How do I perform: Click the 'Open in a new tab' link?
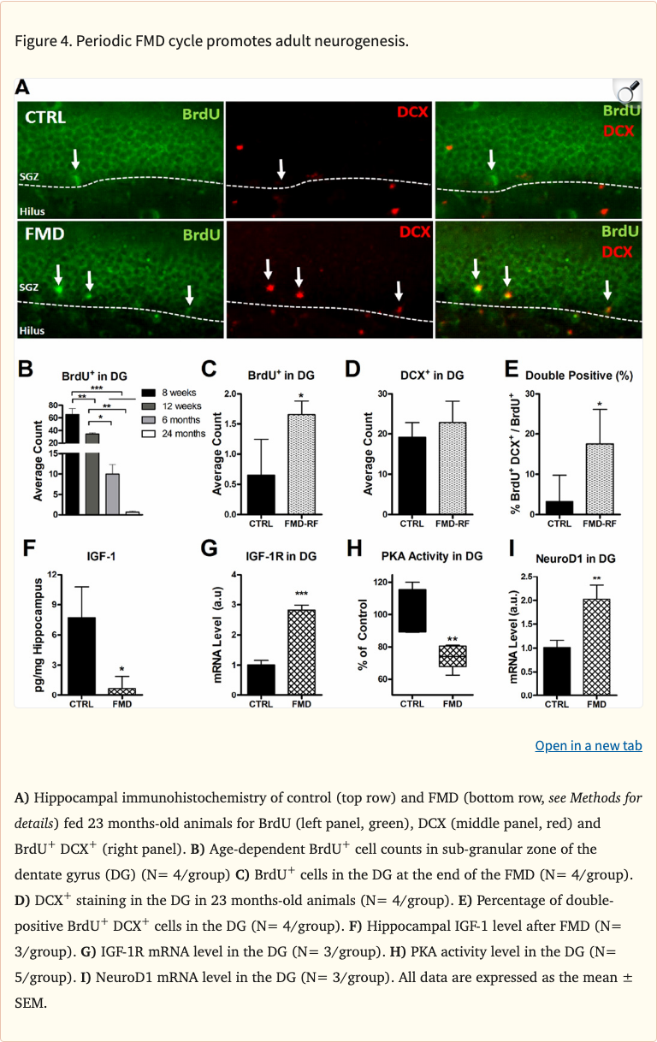tap(588, 746)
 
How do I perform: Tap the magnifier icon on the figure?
tap(628, 91)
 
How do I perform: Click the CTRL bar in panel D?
tap(412, 476)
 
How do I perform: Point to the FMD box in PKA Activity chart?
tap(453, 655)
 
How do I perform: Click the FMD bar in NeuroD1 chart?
tap(596, 646)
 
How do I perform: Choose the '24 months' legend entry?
tap(175, 434)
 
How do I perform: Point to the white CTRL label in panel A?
tap(45, 116)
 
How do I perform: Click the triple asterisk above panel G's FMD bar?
tap(301, 595)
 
